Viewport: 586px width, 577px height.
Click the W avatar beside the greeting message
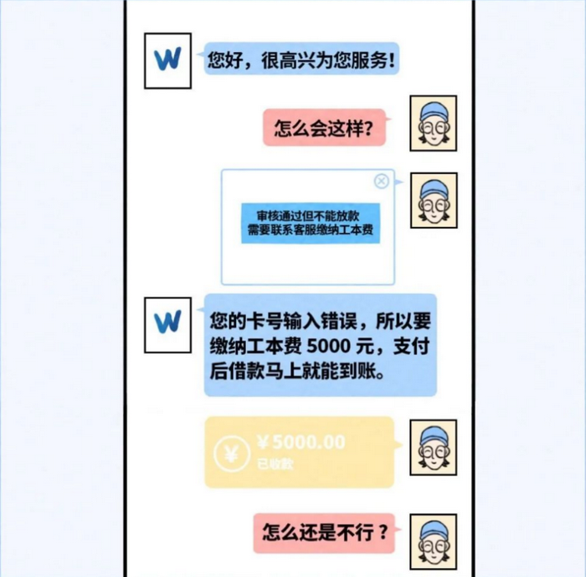[167, 60]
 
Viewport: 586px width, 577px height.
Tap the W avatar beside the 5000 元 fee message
[167, 325]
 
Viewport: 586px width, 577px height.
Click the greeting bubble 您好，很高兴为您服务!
[301, 59]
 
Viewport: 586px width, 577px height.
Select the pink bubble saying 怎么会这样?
[324, 127]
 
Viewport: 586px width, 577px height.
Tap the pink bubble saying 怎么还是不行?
[324, 533]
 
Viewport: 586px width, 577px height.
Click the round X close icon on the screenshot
[381, 182]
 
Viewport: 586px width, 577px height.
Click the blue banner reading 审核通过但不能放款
[311, 224]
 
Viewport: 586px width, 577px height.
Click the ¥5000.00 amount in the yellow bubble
[301, 442]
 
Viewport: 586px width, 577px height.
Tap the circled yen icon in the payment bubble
[232, 454]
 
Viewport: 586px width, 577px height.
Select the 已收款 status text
[275, 464]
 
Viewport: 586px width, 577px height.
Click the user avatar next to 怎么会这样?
[434, 123]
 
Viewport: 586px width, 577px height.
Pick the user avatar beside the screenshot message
[434, 200]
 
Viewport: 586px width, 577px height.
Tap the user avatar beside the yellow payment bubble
[434, 447]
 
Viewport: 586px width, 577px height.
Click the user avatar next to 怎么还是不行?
[434, 542]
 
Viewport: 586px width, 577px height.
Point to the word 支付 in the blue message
[411, 347]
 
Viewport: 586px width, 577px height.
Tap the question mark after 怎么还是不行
[383, 533]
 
